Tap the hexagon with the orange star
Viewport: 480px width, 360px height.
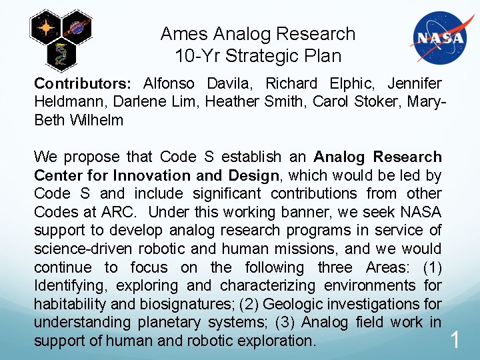[x=46, y=29]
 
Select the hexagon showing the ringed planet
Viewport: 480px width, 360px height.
[x=77, y=27]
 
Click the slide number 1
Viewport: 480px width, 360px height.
[x=455, y=341]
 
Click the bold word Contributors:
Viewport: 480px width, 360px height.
[x=83, y=84]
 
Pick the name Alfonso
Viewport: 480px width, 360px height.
[x=168, y=84]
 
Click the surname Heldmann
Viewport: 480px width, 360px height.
[x=66, y=102]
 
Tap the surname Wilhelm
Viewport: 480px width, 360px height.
[x=97, y=121]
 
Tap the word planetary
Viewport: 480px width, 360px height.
[x=154, y=323]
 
